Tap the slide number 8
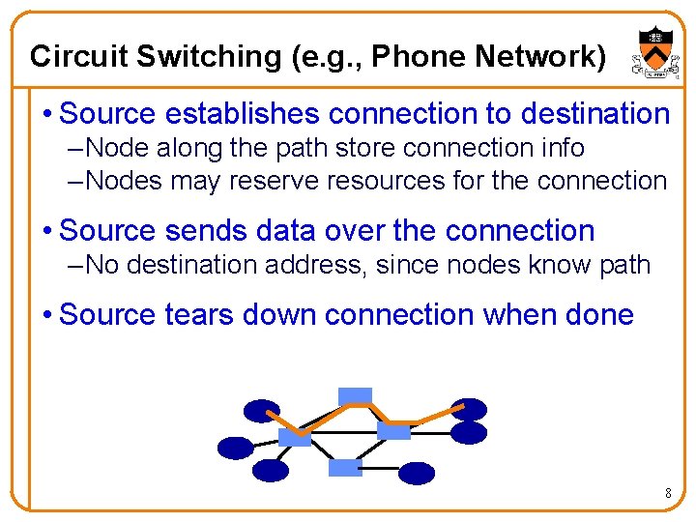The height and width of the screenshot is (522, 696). coord(667,495)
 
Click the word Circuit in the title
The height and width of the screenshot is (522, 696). coord(79,56)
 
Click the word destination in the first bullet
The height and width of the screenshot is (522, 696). coord(594,114)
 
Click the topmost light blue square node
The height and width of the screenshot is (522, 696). coord(355,395)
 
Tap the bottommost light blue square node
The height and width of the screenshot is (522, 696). coord(345,468)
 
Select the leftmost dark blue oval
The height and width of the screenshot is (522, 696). coord(235,448)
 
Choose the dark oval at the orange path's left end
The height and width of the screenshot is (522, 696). coord(261,412)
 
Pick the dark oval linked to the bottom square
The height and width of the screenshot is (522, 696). coord(418,473)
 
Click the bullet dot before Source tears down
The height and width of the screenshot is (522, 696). coord(47,316)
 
